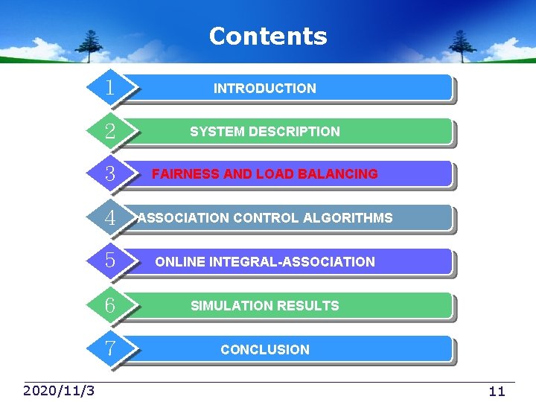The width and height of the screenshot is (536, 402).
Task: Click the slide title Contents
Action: (x=268, y=36)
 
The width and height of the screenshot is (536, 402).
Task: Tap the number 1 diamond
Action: (x=110, y=88)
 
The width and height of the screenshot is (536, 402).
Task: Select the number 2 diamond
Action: (x=110, y=132)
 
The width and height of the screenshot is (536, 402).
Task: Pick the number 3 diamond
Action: (x=110, y=174)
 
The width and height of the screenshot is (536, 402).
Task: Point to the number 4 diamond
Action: (x=110, y=218)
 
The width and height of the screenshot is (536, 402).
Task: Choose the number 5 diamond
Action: (x=110, y=261)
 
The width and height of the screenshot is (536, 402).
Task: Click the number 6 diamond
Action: (x=110, y=305)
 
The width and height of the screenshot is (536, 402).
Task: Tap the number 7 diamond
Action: (x=110, y=348)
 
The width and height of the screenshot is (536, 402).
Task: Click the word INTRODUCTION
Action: (x=265, y=89)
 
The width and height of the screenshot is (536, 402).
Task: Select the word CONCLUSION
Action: (x=265, y=350)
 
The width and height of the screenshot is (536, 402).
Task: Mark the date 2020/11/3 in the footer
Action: (x=59, y=391)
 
